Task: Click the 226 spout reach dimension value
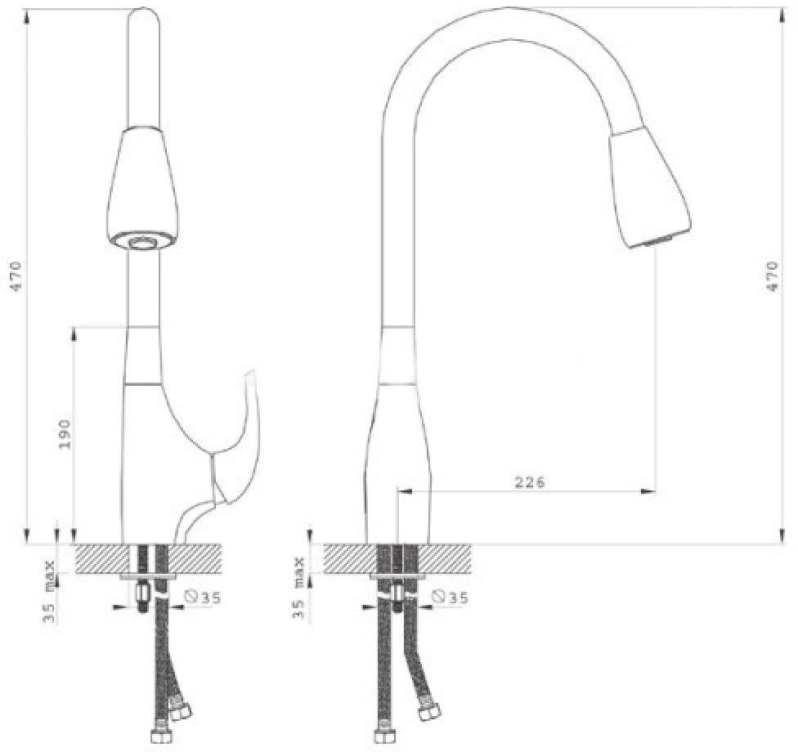coord(530,481)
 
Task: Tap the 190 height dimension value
coord(65,434)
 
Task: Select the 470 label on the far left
coord(16,275)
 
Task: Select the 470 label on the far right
coord(772,275)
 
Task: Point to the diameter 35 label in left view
coord(204,598)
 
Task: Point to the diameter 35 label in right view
coord(450,597)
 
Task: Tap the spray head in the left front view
coord(144,188)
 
